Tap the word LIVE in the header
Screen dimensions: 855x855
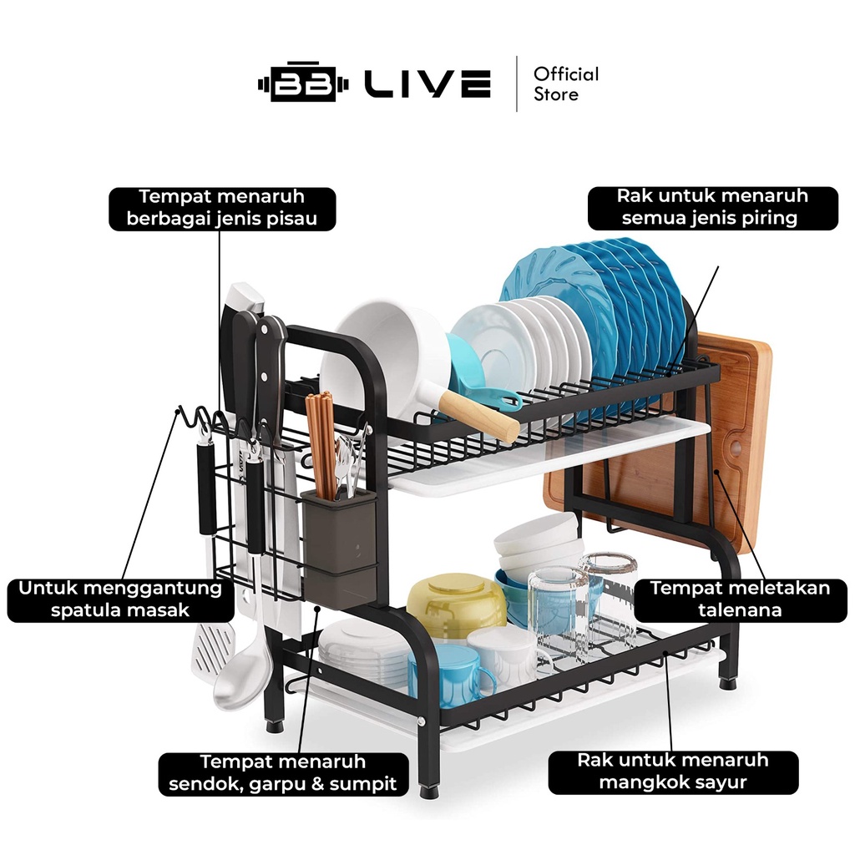pyautogui.click(x=427, y=84)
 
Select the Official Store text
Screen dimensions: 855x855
pyautogui.click(x=566, y=84)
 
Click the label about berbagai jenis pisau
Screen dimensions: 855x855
pyautogui.click(x=222, y=209)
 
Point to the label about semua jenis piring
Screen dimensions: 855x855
pyautogui.click(x=712, y=208)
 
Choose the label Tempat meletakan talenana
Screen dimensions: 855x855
pyautogui.click(x=740, y=599)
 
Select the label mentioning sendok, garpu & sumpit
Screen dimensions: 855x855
pyautogui.click(x=283, y=773)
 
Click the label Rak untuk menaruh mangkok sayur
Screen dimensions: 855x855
pyautogui.click(x=672, y=772)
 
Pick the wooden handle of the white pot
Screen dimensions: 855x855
pyautogui.click(x=478, y=416)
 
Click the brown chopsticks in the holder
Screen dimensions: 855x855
pyautogui.click(x=321, y=443)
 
